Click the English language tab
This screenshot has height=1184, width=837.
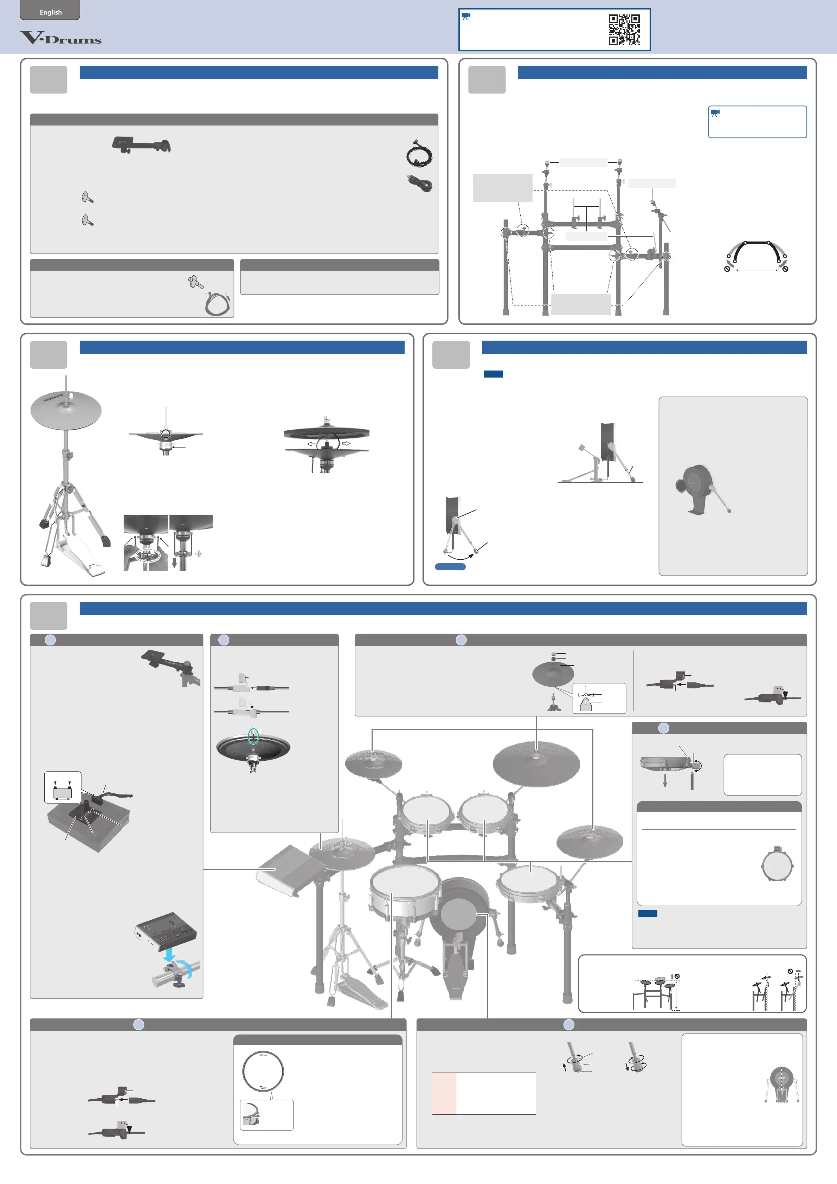pyautogui.click(x=50, y=11)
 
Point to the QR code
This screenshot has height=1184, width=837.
pyautogui.click(x=625, y=30)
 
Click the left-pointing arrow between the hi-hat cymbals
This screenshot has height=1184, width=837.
pyautogui.click(x=311, y=444)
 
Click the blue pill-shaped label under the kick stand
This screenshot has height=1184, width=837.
pyautogui.click(x=450, y=567)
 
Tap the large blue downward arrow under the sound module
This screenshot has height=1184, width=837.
pyautogui.click(x=169, y=955)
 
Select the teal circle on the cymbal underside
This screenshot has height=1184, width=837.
pyautogui.click(x=253, y=736)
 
